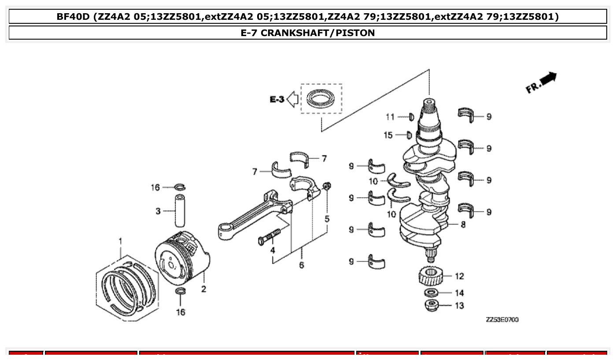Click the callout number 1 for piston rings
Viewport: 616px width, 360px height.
tap(120, 241)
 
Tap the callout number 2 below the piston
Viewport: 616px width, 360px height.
tap(203, 289)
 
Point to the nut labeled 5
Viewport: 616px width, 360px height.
tap(327, 187)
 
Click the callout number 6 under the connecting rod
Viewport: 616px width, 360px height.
tap(301, 265)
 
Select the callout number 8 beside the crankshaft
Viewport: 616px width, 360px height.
tap(463, 224)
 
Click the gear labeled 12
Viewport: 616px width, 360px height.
tap(430, 277)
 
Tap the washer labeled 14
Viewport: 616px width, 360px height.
tap(431, 293)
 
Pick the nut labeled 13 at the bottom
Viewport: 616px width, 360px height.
tap(431, 305)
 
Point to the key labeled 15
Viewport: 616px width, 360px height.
tap(409, 135)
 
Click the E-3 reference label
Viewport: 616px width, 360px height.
tap(277, 100)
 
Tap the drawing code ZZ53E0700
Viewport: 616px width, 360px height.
tap(502, 320)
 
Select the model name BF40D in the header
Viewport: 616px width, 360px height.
tap(73, 17)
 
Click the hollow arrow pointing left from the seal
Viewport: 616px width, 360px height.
tap(292, 100)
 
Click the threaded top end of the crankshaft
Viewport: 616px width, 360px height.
tap(429, 106)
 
